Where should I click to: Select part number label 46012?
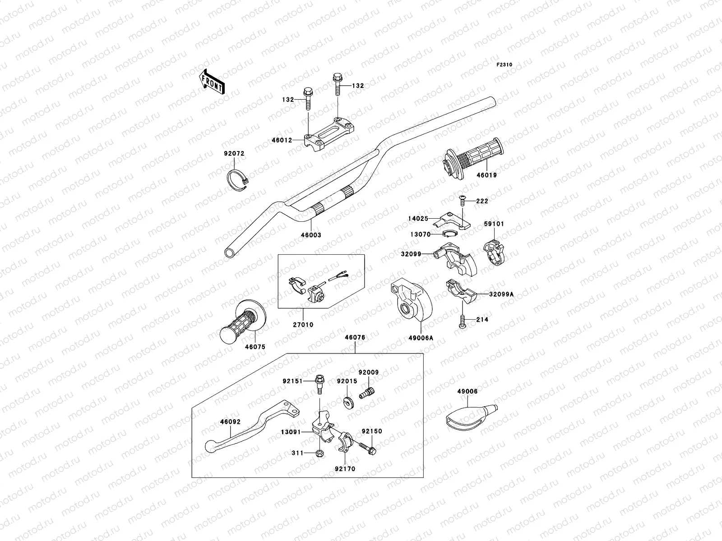coord(282,141)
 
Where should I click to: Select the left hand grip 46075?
coord(242,321)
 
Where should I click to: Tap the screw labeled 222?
coord(463,201)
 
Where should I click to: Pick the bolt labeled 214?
coord(463,321)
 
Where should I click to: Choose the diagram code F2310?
coord(504,65)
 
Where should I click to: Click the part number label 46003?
coord(311,235)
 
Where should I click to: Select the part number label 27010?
coord(303,325)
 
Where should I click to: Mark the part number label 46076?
coord(355,337)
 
